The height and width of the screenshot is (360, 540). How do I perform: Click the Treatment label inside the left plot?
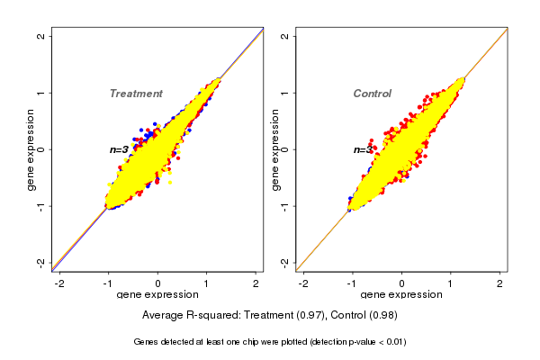(x=136, y=94)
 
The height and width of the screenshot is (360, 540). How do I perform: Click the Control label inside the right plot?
(x=372, y=94)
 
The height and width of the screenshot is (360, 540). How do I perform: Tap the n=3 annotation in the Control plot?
(x=363, y=149)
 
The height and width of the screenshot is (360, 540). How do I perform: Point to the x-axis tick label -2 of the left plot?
(x=60, y=283)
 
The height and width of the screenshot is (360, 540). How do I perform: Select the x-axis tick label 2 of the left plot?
(x=256, y=283)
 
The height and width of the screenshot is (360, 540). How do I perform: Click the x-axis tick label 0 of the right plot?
(x=402, y=283)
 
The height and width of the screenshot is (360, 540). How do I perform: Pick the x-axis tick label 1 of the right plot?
(x=451, y=283)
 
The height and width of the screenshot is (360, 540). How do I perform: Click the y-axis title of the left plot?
(x=31, y=149)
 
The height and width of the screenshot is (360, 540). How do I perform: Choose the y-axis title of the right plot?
(x=275, y=149)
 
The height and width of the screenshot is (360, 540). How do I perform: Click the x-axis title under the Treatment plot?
(x=157, y=295)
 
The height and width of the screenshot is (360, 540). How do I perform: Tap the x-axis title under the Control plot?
(x=401, y=295)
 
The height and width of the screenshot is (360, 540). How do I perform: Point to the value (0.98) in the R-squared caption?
(x=382, y=316)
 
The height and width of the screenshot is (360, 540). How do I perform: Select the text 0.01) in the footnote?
(x=394, y=343)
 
